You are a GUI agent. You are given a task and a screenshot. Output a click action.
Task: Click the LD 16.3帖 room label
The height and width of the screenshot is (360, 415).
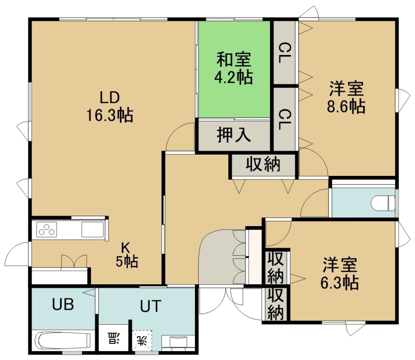[x=110, y=106]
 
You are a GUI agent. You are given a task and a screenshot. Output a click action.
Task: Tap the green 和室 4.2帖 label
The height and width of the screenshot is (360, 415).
[x=233, y=68]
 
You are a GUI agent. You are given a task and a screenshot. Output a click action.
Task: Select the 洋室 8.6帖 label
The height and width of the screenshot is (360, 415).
[x=346, y=98]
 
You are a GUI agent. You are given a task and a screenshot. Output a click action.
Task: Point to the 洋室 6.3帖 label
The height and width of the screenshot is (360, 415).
[x=340, y=273]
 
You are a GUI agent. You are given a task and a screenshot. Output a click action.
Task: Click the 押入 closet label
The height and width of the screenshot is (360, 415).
[x=234, y=135]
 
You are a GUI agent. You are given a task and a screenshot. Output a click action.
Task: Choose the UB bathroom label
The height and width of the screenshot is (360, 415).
[x=63, y=304]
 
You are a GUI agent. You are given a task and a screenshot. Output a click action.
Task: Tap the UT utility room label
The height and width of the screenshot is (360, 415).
[x=150, y=306]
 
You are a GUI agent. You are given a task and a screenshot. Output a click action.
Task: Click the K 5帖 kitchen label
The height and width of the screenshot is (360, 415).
[x=127, y=255]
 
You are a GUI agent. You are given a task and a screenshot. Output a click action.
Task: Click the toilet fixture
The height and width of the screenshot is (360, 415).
[x=383, y=203]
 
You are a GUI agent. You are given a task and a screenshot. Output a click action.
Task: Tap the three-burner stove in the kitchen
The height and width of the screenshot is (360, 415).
[x=47, y=229]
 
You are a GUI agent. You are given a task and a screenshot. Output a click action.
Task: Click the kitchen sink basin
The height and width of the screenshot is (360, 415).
[x=92, y=229]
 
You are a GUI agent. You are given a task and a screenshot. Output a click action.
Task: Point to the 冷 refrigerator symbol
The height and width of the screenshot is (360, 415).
[x=113, y=339]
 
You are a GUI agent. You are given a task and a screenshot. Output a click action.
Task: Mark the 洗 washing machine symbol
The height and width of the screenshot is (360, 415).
[x=142, y=340]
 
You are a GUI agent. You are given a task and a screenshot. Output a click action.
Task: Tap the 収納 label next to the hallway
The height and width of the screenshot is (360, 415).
[x=263, y=164]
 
